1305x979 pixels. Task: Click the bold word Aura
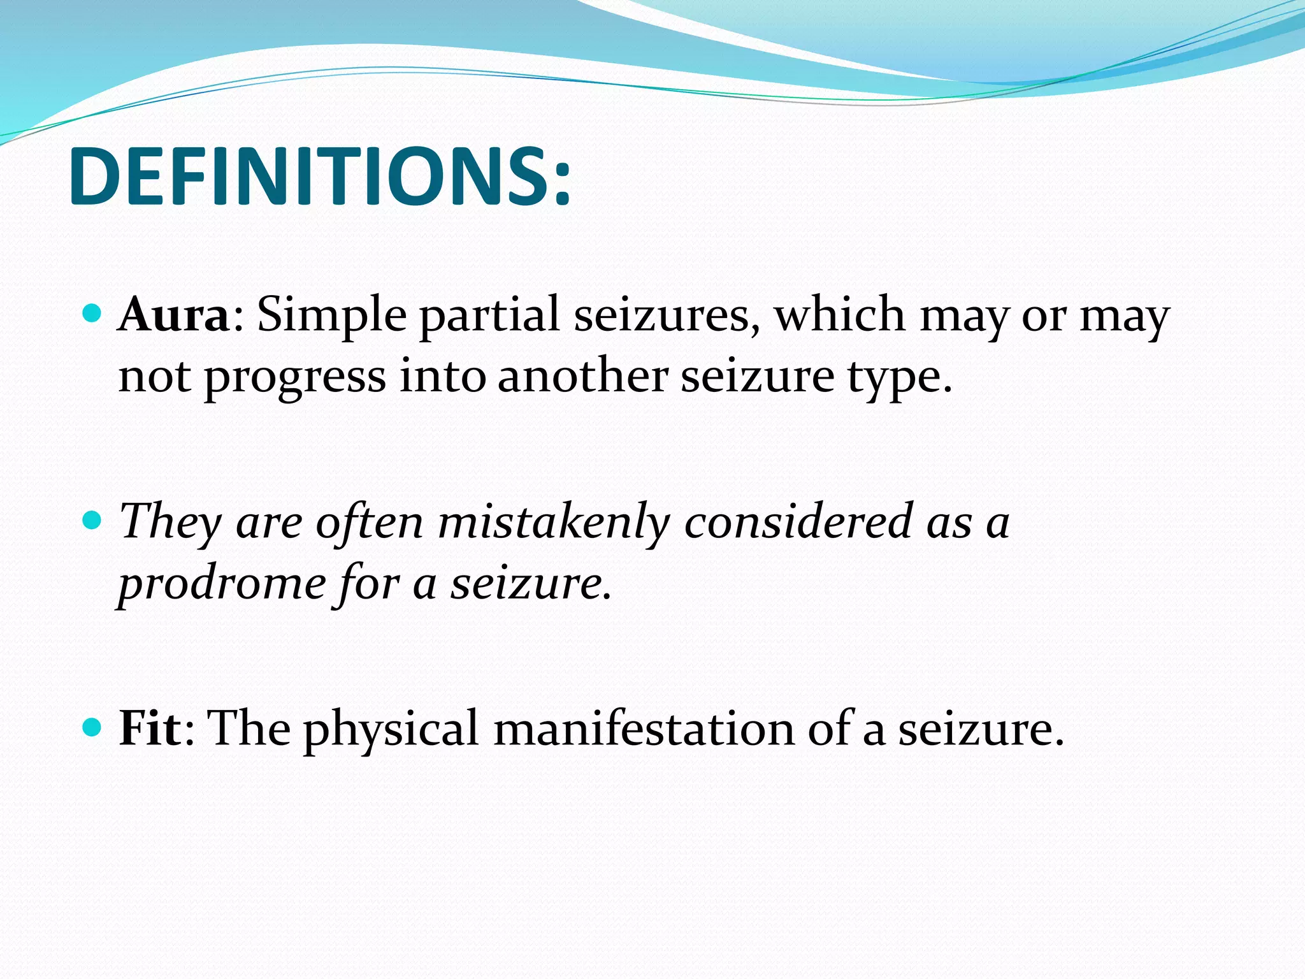point(173,315)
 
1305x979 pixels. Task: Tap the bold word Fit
point(150,728)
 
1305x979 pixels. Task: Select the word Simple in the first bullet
point(331,315)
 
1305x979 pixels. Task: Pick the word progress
point(294,377)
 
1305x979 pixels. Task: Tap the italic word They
point(169,521)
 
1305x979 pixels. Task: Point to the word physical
point(391,728)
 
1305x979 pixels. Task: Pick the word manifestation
point(644,728)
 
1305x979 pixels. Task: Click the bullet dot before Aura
point(92,314)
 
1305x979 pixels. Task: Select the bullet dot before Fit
point(92,727)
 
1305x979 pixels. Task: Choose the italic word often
point(369,521)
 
